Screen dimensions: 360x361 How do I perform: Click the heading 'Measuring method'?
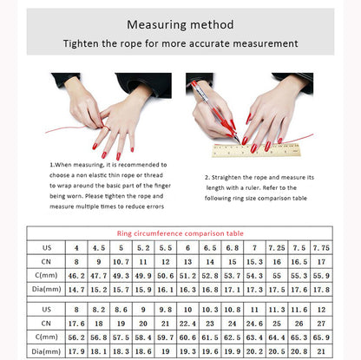180,24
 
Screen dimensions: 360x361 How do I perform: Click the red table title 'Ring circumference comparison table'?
180,232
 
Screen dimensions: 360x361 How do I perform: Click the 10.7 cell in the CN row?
121,261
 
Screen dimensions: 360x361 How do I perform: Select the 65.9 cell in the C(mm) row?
321,337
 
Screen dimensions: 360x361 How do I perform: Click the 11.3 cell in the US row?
276,309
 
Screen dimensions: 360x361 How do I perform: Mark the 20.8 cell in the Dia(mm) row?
299,350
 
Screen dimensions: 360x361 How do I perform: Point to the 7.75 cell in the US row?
321,247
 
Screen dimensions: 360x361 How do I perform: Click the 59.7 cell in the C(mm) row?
165,337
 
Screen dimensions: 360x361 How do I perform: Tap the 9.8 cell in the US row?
165,309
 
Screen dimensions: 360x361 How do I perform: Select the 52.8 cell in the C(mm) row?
209,274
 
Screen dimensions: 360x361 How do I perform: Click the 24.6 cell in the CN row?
254,323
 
